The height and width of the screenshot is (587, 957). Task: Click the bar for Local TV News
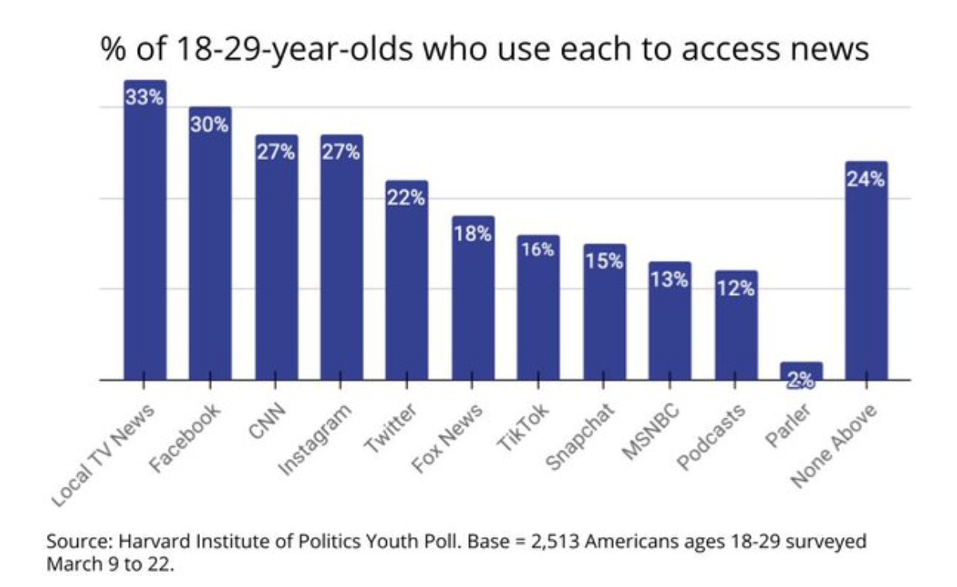click(x=145, y=239)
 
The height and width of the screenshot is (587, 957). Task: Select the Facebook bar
click(x=210, y=255)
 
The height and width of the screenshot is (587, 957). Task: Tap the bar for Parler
click(x=800, y=371)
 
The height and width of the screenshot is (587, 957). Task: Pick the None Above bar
click(x=865, y=278)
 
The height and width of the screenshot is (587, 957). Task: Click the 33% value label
click(x=145, y=99)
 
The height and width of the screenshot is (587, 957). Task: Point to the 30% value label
click(x=210, y=125)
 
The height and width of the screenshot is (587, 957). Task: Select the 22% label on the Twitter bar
click(x=406, y=198)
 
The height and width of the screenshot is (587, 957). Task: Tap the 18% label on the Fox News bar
click(x=472, y=234)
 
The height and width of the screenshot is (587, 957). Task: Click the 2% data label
click(x=800, y=381)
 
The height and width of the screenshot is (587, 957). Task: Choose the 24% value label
click(x=865, y=180)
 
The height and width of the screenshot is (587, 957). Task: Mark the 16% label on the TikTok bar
click(x=537, y=250)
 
